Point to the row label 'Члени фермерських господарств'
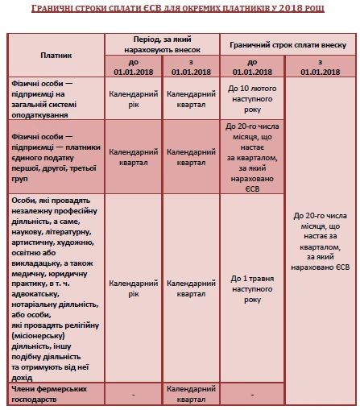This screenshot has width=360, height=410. pyautogui.click(x=55, y=395)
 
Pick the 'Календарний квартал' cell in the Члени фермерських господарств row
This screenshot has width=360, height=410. pyautogui.click(x=192, y=395)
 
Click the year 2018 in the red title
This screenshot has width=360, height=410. pyautogui.click(x=279, y=7)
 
